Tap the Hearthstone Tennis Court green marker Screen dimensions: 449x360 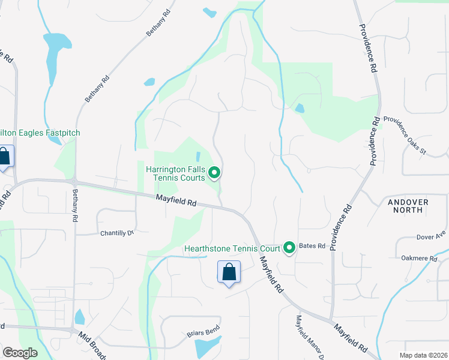point(289,247)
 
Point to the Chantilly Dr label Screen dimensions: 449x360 point(116,233)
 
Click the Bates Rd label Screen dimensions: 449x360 point(312,246)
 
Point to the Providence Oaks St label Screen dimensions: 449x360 point(405,135)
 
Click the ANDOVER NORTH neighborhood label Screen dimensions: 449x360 point(408,207)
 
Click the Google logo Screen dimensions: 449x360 point(20,352)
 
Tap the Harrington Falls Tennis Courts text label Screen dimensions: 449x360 point(175,173)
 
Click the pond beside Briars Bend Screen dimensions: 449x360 point(208,347)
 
